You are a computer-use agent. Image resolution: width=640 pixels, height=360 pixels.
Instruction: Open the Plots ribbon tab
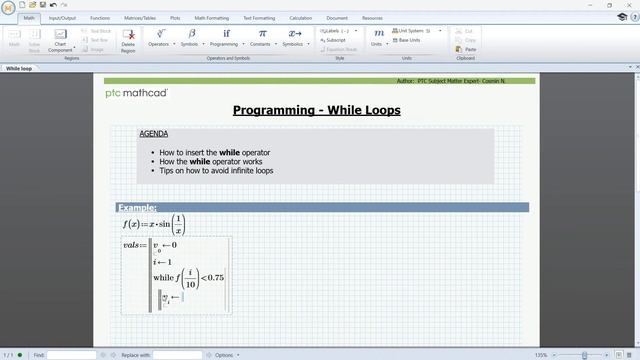(175, 18)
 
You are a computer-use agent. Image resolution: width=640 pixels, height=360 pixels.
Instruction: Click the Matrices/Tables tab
(138, 18)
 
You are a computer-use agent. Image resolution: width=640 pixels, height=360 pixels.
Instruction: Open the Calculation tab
(300, 18)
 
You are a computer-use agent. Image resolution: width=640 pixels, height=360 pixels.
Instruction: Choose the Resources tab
(372, 18)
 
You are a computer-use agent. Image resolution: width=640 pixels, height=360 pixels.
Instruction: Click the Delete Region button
(128, 39)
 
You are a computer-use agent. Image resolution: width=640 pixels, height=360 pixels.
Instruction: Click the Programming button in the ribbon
(225, 38)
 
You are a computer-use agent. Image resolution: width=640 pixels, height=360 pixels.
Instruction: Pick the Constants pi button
(261, 38)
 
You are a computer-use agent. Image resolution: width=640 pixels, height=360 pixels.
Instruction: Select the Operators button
(158, 38)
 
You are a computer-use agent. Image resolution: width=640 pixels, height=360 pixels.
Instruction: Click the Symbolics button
(294, 38)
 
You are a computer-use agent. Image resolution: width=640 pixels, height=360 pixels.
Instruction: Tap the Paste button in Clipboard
(469, 49)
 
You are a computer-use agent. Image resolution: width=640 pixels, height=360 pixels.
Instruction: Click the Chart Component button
(60, 40)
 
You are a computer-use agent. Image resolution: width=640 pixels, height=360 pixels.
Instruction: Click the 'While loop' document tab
(19, 69)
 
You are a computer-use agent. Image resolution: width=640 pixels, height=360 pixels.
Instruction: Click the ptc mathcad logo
(137, 93)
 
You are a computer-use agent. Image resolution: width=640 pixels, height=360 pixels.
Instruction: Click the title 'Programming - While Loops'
(316, 110)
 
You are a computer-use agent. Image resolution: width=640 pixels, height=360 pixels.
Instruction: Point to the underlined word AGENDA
(153, 134)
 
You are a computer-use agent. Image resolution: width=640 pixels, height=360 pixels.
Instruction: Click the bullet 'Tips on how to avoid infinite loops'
(216, 171)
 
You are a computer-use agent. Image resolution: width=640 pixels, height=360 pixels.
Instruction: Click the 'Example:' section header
(138, 207)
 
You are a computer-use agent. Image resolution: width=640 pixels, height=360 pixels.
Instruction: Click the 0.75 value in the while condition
(214, 278)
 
